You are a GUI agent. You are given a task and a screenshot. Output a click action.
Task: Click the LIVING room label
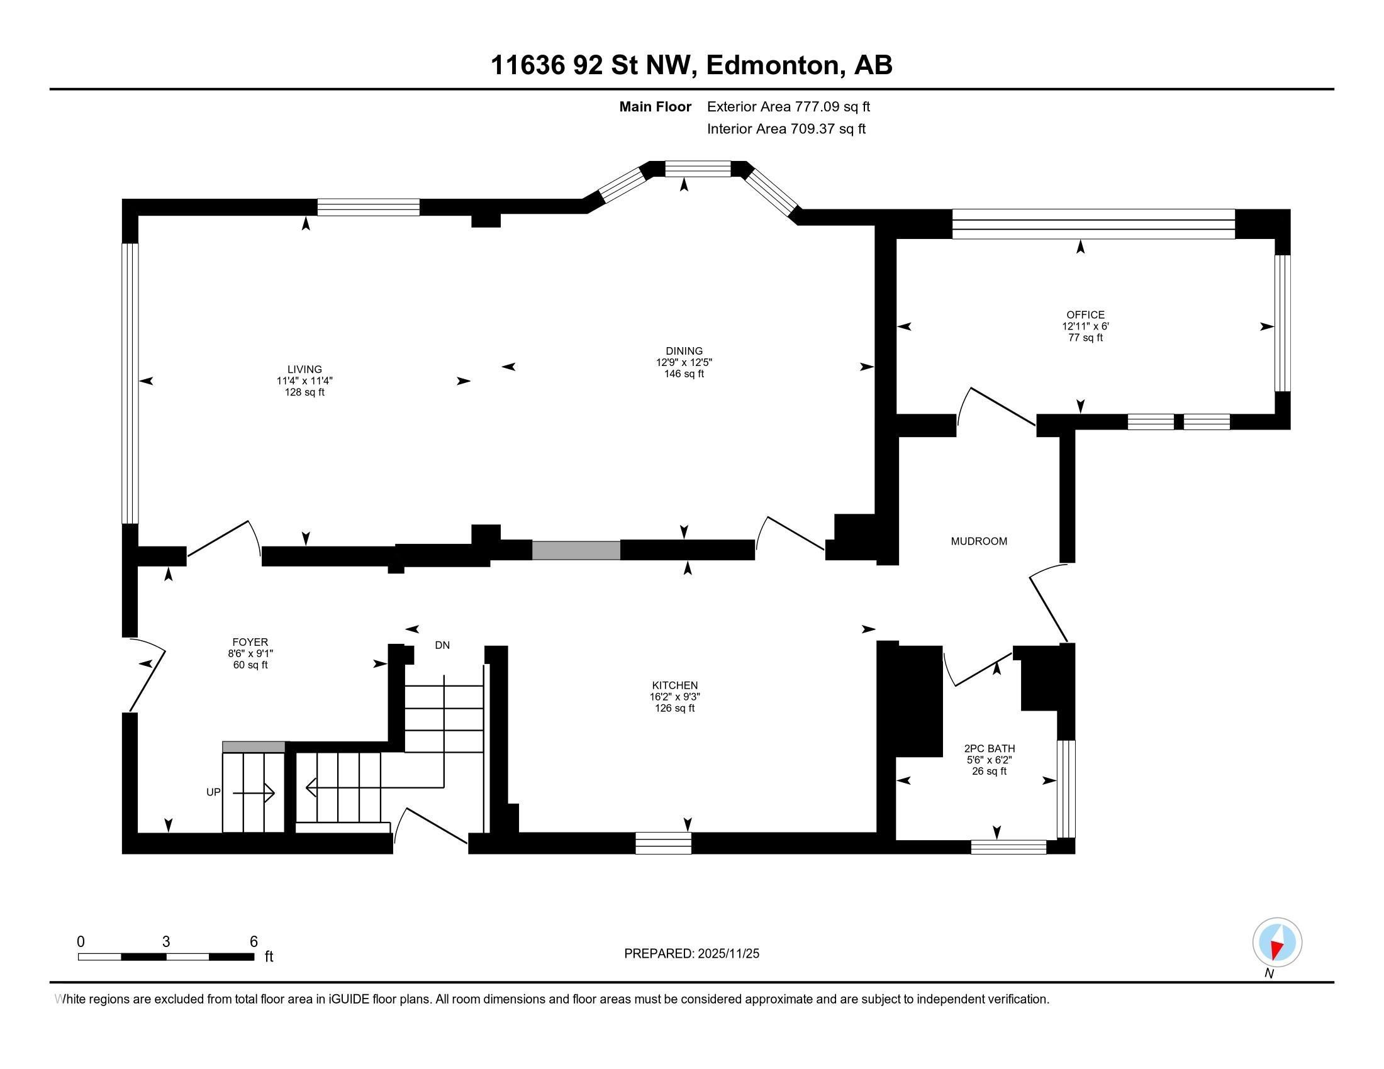[x=304, y=369]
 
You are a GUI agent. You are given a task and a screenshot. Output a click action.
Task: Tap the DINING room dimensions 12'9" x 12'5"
[x=684, y=362]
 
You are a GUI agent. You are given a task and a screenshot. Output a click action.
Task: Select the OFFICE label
[x=1085, y=315]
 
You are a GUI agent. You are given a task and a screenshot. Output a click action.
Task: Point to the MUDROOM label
[x=978, y=541]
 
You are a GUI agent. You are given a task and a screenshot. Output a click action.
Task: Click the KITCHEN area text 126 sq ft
[x=674, y=708]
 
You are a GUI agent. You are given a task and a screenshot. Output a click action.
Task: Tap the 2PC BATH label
[x=988, y=748]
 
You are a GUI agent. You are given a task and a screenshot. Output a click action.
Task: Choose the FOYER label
[x=250, y=642]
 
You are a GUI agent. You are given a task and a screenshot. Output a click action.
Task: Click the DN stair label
[x=442, y=645]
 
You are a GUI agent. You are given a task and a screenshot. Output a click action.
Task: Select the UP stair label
[x=213, y=792]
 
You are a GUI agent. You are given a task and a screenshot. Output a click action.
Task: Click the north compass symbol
[x=1277, y=942]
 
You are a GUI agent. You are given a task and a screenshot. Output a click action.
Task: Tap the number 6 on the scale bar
[x=254, y=941]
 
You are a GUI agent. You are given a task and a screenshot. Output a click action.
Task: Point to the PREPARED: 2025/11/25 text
[x=691, y=953]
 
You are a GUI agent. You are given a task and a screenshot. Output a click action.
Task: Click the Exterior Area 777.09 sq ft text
[x=788, y=106]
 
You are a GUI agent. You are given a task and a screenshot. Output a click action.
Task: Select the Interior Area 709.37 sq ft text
[x=786, y=128]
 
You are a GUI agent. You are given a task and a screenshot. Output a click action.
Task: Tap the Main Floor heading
[x=655, y=106]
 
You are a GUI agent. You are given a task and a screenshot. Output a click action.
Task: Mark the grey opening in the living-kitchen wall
[x=576, y=550]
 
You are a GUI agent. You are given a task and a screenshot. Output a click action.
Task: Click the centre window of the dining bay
[x=697, y=169]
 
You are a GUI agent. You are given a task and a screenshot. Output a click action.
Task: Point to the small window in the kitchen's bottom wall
[x=663, y=843]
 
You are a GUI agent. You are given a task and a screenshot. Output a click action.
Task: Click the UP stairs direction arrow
[x=254, y=793]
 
